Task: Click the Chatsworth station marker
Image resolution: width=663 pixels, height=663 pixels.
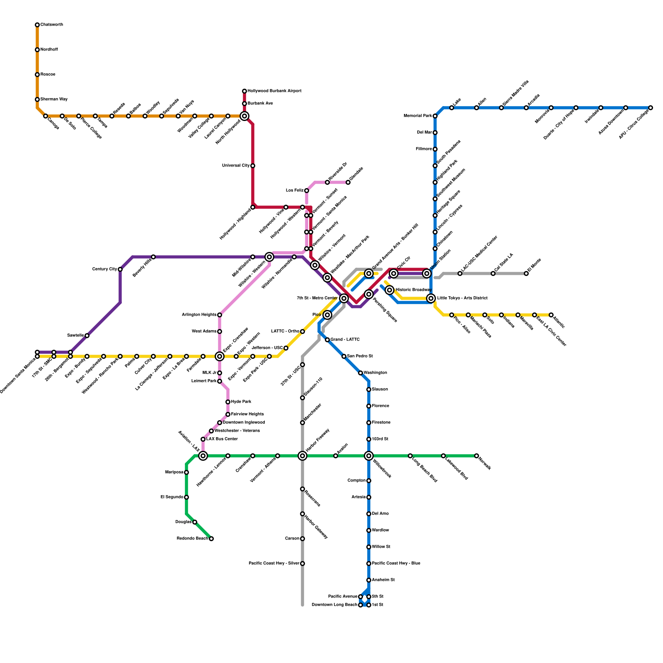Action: [x=37, y=25]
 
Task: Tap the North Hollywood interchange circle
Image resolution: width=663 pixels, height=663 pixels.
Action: [x=244, y=116]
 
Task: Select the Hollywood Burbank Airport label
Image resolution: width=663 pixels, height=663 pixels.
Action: [x=274, y=91]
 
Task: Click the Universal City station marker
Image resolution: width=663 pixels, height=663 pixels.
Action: [x=253, y=166]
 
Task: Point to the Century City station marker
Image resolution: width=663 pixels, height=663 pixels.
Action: [x=120, y=269]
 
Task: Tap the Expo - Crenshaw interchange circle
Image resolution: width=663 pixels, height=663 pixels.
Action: [x=220, y=356]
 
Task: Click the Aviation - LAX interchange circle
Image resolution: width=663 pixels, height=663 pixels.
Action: [x=203, y=456]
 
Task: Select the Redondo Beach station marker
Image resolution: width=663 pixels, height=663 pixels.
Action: [x=211, y=539]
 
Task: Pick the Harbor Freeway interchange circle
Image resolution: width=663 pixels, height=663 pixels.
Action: [x=302, y=456]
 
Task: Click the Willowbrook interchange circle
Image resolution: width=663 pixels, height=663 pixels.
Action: [x=369, y=456]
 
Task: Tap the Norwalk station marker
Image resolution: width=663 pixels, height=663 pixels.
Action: [x=477, y=456]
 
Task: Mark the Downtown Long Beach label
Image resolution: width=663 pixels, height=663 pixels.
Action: [x=334, y=605]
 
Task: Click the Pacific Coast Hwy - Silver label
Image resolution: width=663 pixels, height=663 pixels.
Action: [x=274, y=564]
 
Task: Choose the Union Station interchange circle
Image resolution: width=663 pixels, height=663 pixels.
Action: [x=427, y=273]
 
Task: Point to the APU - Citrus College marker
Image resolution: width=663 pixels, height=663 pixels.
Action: [x=651, y=108]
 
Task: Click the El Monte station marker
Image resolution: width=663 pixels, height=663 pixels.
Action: [x=526, y=273]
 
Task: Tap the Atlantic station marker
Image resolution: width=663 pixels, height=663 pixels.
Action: [x=551, y=315]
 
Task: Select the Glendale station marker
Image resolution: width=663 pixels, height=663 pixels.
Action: [x=348, y=182]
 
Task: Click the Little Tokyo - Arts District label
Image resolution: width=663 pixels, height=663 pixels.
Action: [x=462, y=298]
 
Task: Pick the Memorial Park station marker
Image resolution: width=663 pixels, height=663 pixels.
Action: [x=435, y=116]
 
